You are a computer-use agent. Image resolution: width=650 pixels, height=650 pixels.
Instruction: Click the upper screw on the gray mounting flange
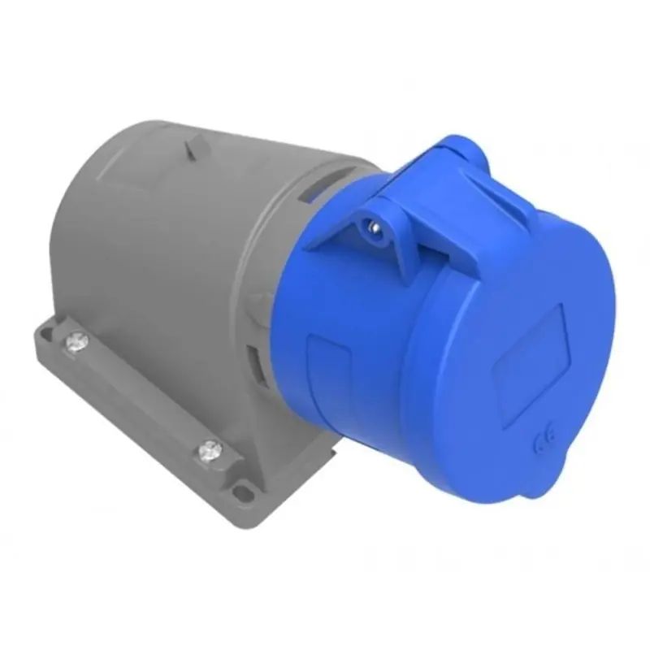76,341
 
